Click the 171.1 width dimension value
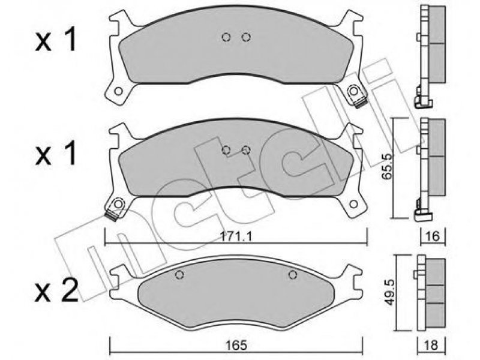click(x=236, y=236)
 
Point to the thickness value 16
click(x=433, y=236)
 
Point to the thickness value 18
click(x=431, y=345)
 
